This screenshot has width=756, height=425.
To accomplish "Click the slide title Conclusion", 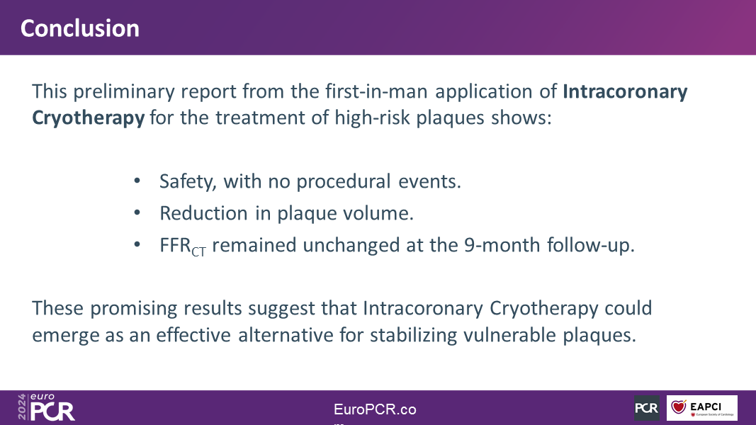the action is (80, 28).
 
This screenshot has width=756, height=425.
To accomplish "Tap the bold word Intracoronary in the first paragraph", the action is (625, 91).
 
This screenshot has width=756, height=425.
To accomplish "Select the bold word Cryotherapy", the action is (89, 118).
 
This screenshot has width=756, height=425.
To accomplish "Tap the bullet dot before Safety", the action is (137, 181).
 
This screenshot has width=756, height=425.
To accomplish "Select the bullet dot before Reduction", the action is (137, 212).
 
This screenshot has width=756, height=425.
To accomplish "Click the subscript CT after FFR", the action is (198, 251).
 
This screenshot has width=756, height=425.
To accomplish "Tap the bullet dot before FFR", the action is (137, 244).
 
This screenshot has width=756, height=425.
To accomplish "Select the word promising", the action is (133, 308).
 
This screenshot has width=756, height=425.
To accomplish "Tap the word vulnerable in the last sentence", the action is (509, 335).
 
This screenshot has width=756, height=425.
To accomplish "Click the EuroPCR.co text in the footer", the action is (375, 409).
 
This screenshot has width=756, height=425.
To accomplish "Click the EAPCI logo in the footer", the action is (701, 408).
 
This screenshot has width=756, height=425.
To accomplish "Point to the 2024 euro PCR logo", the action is (46, 407).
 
